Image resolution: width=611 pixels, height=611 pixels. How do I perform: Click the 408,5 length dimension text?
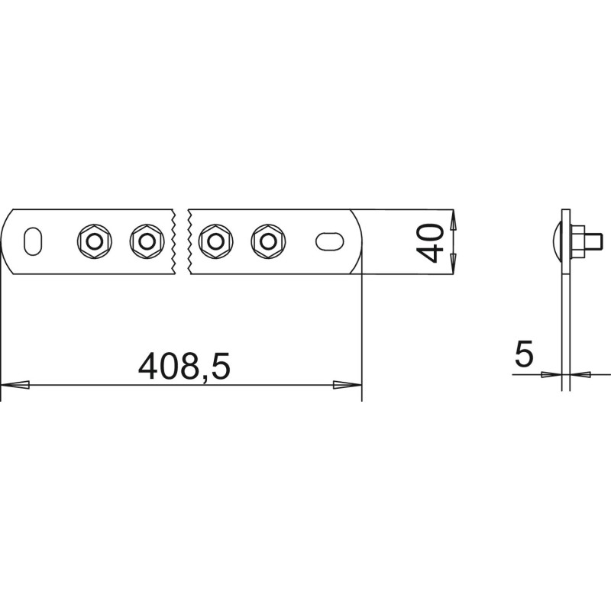click(184, 367)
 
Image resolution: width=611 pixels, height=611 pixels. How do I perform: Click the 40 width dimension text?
click(430, 243)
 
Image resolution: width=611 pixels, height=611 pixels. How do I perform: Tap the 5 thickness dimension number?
click(524, 354)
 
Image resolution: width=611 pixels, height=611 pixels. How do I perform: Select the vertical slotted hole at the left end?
click(33, 241)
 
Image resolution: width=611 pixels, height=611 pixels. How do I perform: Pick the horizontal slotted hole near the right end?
click(330, 241)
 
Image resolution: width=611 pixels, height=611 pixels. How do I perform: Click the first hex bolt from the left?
click(94, 241)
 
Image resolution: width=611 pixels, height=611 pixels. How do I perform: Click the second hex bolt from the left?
click(147, 241)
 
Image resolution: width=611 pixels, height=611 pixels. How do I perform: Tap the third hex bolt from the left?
click(215, 241)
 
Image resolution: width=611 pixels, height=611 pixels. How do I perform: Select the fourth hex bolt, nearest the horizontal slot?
click(268, 241)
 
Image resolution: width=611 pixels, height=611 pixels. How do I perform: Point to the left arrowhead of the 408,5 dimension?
click(15, 385)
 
